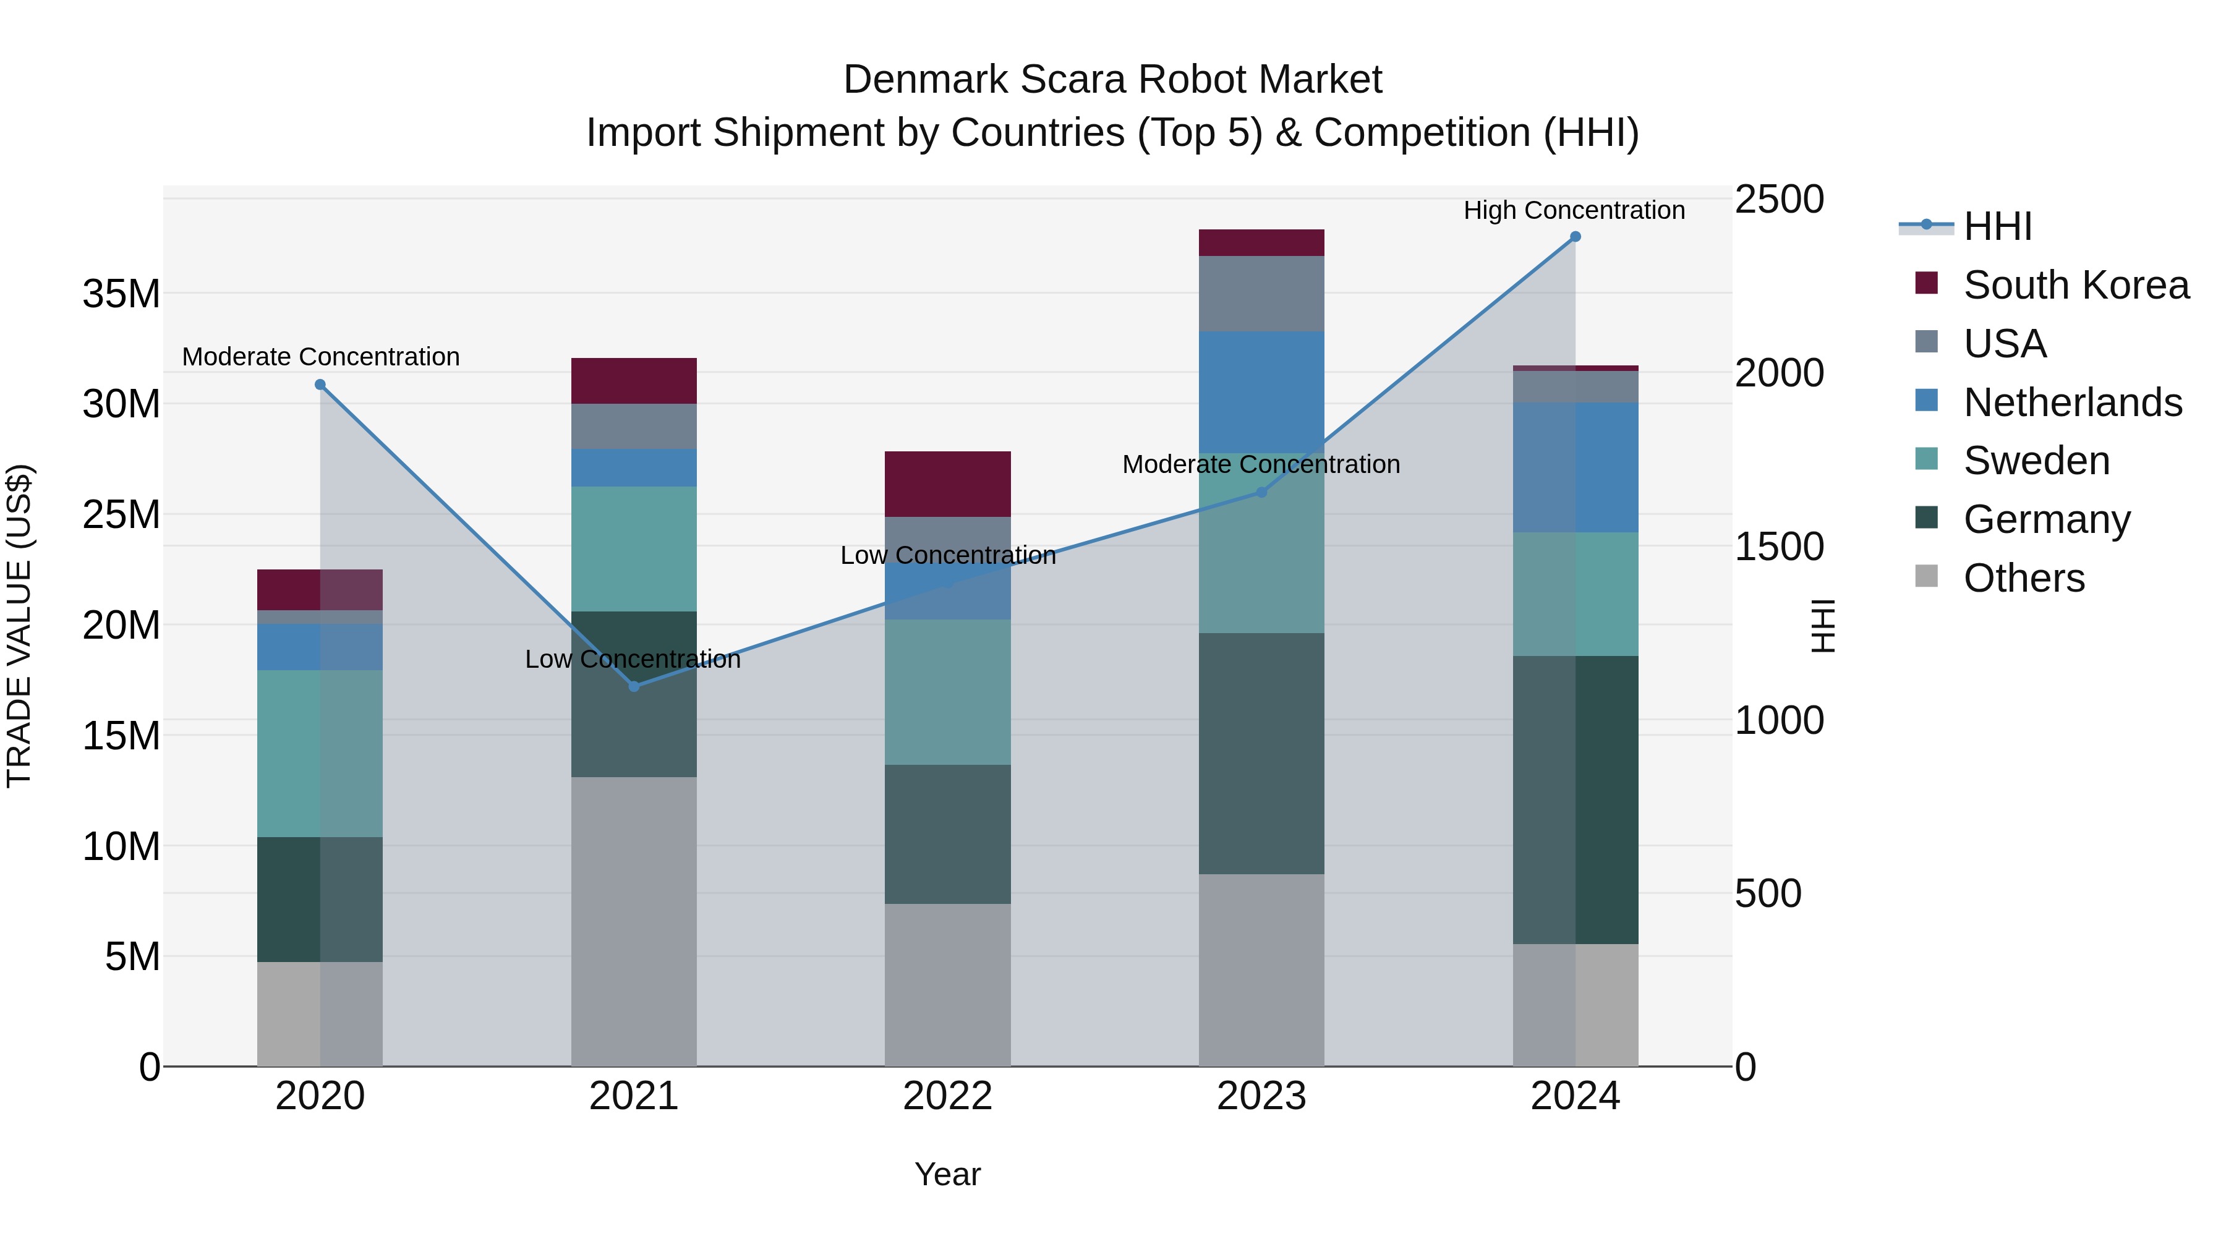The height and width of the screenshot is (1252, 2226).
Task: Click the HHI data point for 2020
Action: pyautogui.click(x=320, y=385)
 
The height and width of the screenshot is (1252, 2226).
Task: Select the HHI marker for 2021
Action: pyautogui.click(x=633, y=686)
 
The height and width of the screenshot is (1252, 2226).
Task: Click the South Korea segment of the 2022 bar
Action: pyautogui.click(x=947, y=484)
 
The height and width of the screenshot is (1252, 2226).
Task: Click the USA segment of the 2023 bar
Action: pyautogui.click(x=1261, y=294)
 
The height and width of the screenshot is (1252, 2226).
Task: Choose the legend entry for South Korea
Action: pyautogui.click(x=2076, y=285)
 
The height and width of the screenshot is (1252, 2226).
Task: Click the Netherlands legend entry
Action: pyautogui.click(x=2072, y=402)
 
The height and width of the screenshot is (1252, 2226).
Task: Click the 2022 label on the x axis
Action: pyautogui.click(x=947, y=1096)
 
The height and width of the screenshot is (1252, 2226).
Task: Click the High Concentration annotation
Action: pyautogui.click(x=1574, y=210)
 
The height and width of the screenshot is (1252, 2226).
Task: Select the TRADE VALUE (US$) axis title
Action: pyautogui.click(x=19, y=626)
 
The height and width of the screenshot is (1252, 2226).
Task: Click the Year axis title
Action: pyautogui.click(x=947, y=1174)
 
